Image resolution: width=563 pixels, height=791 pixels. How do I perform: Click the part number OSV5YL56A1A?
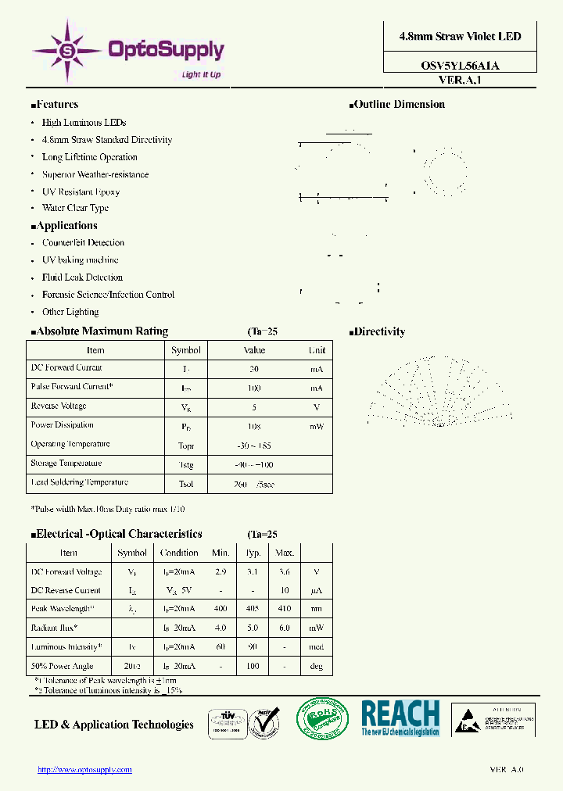click(460, 66)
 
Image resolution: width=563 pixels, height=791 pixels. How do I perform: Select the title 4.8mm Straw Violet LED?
click(460, 37)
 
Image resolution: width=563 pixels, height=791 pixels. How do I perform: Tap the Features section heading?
click(56, 105)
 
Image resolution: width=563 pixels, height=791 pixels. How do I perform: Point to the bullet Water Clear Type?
click(75, 209)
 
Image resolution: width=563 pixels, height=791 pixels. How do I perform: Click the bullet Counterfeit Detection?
click(83, 243)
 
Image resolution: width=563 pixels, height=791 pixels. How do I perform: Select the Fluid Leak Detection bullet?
click(82, 277)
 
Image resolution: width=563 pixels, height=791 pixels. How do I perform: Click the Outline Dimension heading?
click(398, 105)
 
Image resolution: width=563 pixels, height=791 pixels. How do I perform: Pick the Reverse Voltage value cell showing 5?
click(254, 407)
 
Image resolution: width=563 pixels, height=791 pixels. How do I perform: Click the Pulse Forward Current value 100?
click(254, 388)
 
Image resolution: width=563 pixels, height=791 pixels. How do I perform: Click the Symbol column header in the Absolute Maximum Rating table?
click(186, 350)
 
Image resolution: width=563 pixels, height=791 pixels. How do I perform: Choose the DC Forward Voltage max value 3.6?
click(284, 572)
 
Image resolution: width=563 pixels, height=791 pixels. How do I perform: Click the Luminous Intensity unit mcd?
click(316, 648)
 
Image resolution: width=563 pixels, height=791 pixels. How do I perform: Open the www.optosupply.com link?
click(85, 770)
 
